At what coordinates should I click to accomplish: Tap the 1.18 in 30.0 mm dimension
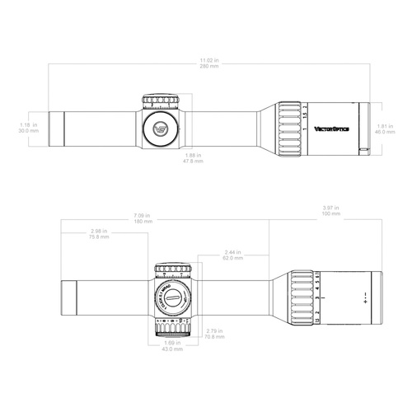[x=27, y=127]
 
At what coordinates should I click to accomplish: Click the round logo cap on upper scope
[x=162, y=127]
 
